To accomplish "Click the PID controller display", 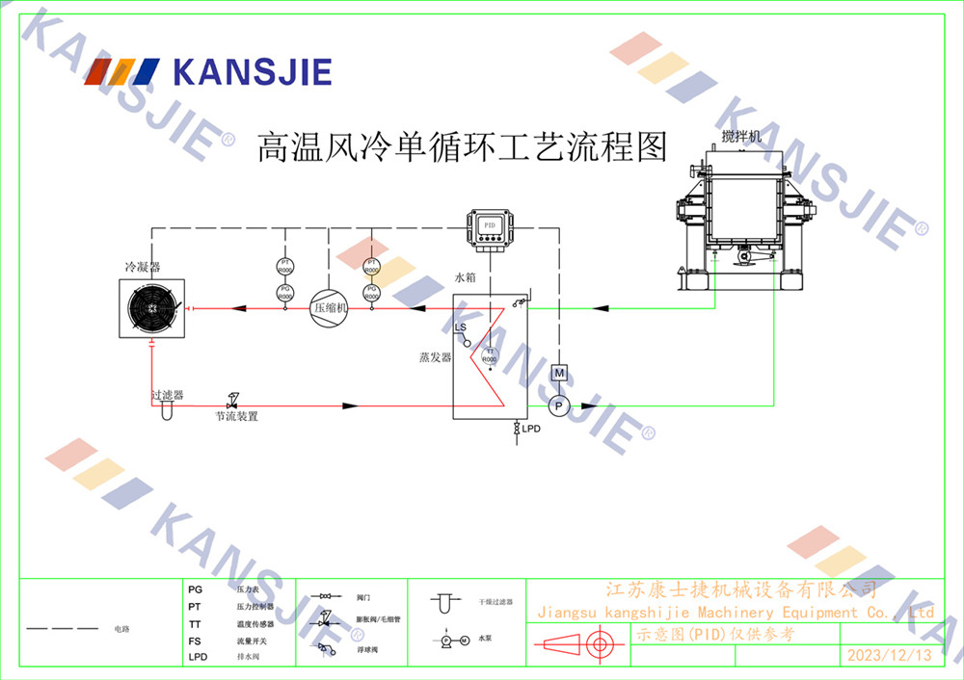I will pos(489,226).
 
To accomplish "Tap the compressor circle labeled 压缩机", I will pos(328,308).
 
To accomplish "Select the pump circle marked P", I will pos(558,405).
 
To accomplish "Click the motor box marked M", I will pos(558,373).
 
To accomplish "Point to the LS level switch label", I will pos(460,328).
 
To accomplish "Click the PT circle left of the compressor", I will pos(284,264).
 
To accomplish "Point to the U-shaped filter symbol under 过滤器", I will pos(166,410).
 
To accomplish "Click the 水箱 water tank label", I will pos(466,277).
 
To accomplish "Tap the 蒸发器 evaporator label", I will pos(435,357).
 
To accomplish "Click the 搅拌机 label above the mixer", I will pos(741,137).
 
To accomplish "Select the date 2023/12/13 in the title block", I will pos(889,656).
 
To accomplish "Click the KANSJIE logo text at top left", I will pos(252,72).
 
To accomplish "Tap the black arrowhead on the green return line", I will pos(601,308).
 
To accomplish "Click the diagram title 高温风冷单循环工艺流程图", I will pos(462,147).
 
